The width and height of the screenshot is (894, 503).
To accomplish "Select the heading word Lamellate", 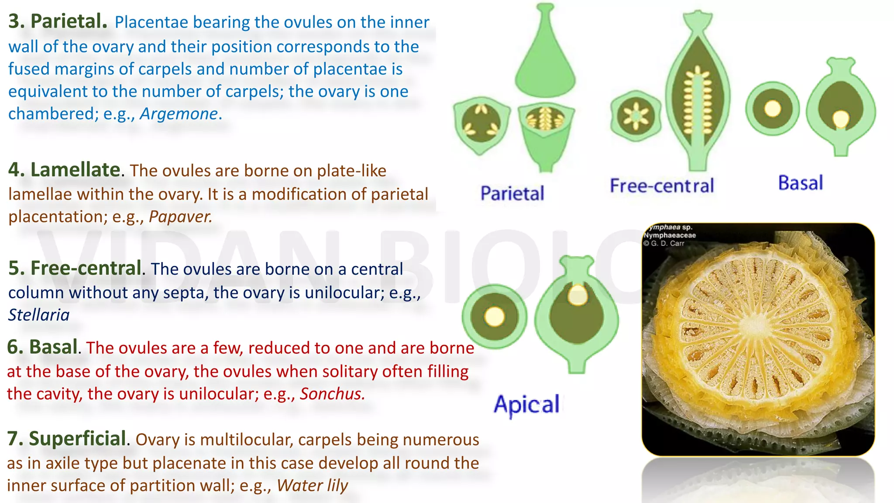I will (x=75, y=170).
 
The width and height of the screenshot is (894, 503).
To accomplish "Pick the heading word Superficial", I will (x=77, y=438).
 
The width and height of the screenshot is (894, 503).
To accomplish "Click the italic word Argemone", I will (x=179, y=114).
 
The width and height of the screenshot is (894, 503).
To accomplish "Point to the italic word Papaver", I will (x=180, y=217).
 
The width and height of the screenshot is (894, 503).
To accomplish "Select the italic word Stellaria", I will (x=39, y=315).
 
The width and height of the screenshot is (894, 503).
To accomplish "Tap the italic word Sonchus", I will (x=332, y=394).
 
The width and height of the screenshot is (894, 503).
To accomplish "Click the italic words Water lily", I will (x=312, y=486).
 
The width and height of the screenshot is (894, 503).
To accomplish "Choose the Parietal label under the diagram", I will (x=512, y=193).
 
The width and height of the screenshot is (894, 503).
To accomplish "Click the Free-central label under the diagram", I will (x=662, y=186).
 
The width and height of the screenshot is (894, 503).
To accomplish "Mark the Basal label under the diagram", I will (x=801, y=183).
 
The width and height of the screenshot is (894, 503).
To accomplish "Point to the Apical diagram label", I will (x=526, y=404).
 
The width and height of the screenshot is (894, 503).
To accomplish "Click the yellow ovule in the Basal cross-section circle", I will (x=773, y=109).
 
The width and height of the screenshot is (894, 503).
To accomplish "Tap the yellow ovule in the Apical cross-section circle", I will (x=494, y=317).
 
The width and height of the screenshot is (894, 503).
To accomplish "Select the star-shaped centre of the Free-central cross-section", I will (x=636, y=116).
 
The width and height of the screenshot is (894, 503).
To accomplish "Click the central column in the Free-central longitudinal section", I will (x=697, y=109).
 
